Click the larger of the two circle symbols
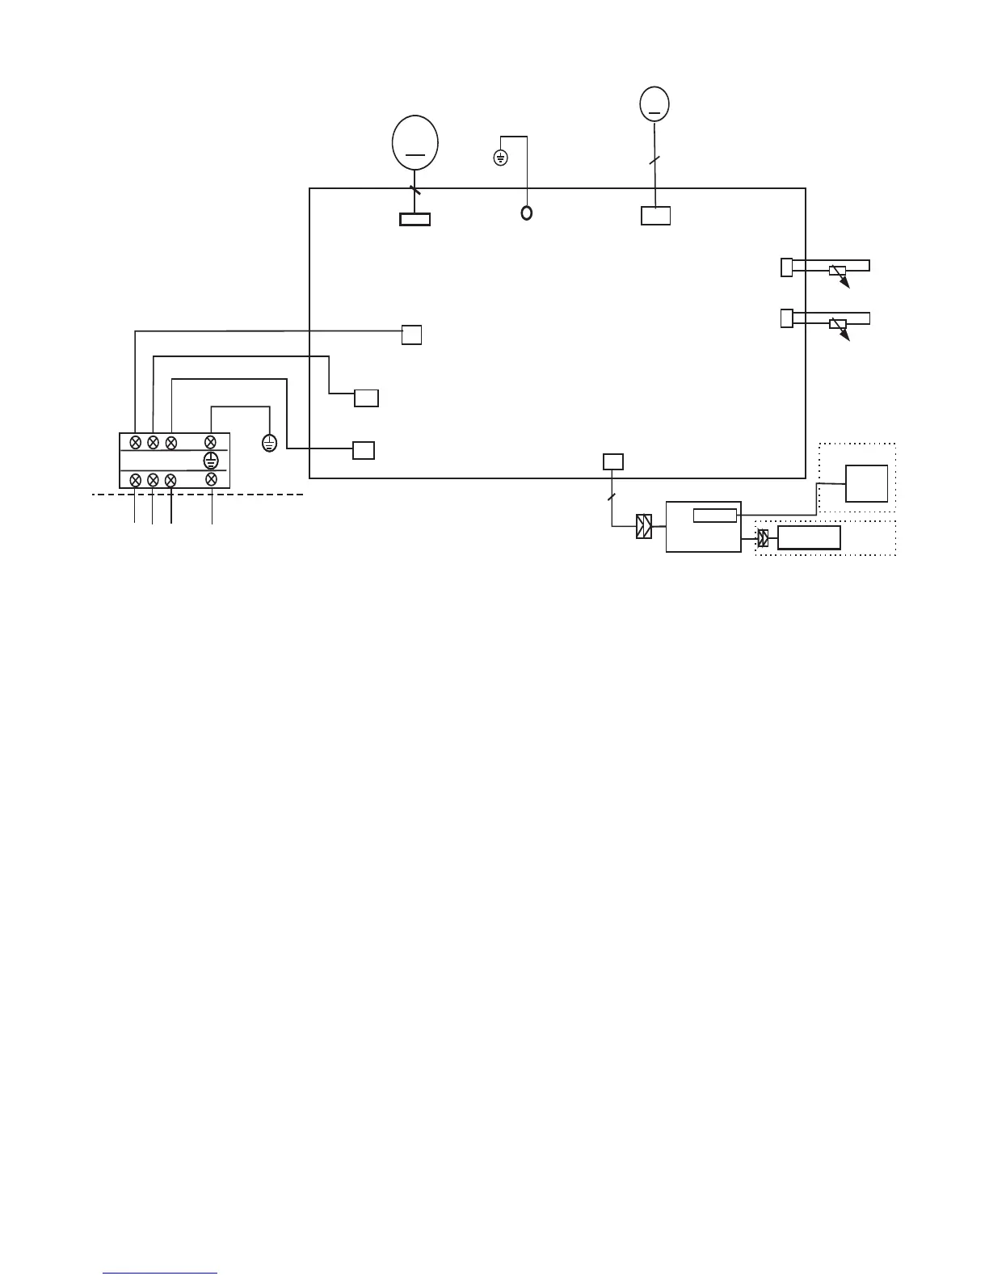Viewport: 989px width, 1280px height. (x=415, y=142)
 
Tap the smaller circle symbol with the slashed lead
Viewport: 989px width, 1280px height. (x=654, y=103)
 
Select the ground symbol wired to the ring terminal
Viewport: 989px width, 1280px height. (x=500, y=158)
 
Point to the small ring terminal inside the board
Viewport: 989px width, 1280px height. (x=527, y=213)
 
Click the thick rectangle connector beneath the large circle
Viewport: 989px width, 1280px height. (x=415, y=219)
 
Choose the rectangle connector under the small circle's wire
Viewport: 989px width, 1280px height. (x=655, y=216)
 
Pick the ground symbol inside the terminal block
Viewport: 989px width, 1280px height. (x=210, y=461)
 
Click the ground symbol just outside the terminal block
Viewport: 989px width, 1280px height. (x=270, y=443)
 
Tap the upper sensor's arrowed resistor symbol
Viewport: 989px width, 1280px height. (x=839, y=272)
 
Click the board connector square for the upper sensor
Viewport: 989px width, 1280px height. (x=787, y=267)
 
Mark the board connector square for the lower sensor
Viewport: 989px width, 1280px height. (x=787, y=318)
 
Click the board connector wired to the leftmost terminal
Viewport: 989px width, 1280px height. (x=411, y=335)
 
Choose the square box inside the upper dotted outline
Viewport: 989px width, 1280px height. (x=866, y=483)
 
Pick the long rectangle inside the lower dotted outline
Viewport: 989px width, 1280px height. (x=809, y=538)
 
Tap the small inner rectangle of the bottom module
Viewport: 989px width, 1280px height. (x=715, y=516)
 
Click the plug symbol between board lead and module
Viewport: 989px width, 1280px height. (x=644, y=527)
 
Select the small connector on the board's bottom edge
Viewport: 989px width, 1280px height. (x=613, y=461)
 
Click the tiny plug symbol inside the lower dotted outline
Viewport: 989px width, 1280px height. (x=763, y=538)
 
